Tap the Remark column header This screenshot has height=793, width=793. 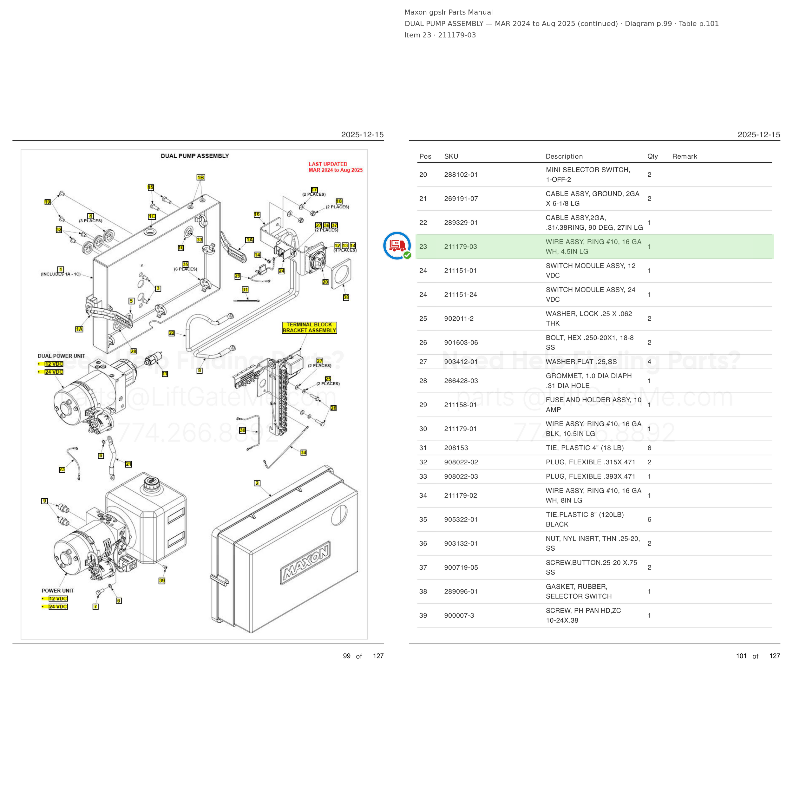coord(685,156)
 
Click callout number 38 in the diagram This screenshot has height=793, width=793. coord(346,297)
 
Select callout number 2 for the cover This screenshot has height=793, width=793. coord(257,483)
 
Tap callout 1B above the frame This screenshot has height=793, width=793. coord(201,177)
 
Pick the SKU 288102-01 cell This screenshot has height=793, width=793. coord(461,174)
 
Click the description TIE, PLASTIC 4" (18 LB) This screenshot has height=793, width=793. coord(585,448)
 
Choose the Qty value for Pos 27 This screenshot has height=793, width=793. coord(649,362)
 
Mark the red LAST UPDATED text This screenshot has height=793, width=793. coord(335,167)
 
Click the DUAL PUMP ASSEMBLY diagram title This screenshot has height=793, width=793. coord(195,156)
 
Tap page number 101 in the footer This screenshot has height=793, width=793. coord(741,656)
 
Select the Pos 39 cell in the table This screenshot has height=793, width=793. coord(423,615)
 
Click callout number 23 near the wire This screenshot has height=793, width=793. coord(62,469)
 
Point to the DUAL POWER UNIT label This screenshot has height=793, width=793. coord(62,356)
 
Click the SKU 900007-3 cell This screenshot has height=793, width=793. coord(459,615)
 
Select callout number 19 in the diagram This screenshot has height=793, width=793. coord(48,202)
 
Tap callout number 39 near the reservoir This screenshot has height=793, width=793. coord(162,581)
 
